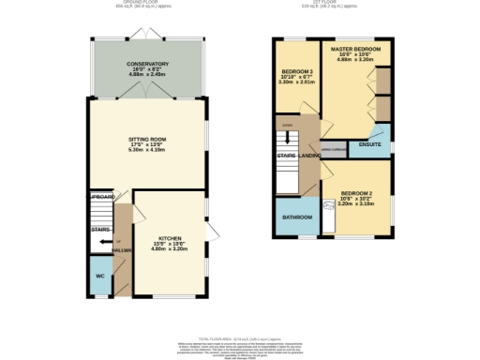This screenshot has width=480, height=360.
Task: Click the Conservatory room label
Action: [147, 64]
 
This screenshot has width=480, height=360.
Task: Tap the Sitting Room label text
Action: [147, 139]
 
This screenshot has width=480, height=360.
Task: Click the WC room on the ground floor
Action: [99, 277]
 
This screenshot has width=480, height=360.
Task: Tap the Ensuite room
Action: [369, 145]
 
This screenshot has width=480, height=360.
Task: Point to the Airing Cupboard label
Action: [335, 148]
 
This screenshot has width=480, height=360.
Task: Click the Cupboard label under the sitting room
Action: [101, 197]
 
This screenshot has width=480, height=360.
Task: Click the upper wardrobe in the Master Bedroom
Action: [383, 79]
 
